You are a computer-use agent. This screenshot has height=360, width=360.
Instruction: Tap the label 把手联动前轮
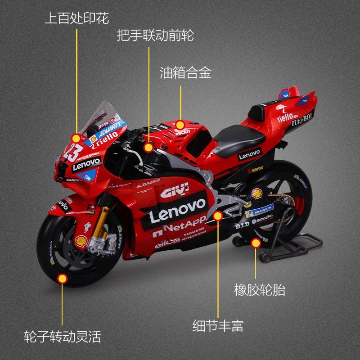click(155, 35)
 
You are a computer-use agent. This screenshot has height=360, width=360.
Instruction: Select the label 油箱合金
click(185, 73)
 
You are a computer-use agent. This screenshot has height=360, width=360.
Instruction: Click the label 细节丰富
click(218, 326)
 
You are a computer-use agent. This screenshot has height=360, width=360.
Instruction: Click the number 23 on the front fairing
click(70, 153)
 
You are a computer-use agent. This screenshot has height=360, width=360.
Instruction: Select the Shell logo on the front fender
click(81, 241)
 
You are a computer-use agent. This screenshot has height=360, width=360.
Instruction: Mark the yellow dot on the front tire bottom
click(63, 279)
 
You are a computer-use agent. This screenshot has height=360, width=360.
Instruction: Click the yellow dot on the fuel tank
click(180, 125)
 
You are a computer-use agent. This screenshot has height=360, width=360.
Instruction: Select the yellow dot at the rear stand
click(256, 243)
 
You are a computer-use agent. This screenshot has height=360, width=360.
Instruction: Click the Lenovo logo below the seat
click(250, 155)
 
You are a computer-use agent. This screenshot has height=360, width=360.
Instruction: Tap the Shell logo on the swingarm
click(257, 193)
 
